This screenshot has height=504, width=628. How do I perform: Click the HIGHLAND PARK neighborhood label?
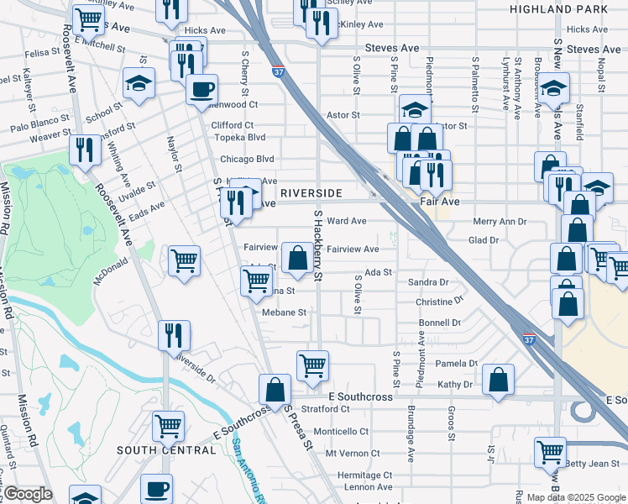point(557,9)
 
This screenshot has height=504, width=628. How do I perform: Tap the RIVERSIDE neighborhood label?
point(312,193)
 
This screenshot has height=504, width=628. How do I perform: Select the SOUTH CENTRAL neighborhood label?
point(166,450)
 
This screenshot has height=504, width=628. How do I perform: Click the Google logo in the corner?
point(28,493)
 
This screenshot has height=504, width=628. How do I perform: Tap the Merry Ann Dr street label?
point(500,222)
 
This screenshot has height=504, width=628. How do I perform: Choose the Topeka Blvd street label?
point(240,137)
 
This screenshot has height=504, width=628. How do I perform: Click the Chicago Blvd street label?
point(247,159)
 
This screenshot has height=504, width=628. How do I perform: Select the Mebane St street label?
point(283,312)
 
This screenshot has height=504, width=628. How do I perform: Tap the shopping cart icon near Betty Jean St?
point(550,451)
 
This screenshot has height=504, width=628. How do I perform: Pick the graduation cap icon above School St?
point(139,82)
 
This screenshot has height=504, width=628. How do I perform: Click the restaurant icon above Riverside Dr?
point(175,333)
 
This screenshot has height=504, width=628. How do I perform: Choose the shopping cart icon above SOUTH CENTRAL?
point(168,424)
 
